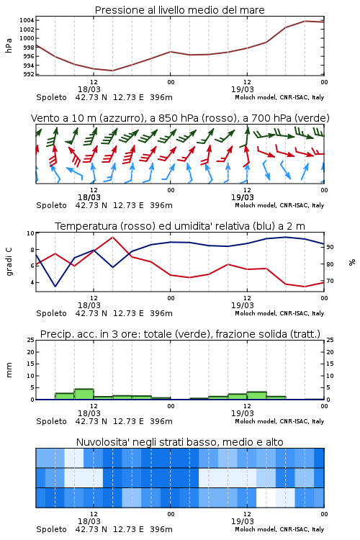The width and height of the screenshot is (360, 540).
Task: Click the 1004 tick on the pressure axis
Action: coord(27,20)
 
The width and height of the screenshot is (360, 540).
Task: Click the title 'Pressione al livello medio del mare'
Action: coord(180,10)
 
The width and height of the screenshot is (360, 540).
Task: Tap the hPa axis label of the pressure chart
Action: coord(9,45)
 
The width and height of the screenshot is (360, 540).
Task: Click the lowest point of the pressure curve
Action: coord(112,71)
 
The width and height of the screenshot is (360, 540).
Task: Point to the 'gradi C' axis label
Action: coord(9,262)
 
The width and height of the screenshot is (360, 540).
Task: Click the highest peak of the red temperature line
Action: coord(112,237)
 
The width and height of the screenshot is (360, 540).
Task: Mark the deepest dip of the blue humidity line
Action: coord(55,286)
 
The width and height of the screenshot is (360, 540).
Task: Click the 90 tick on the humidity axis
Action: coord(330,247)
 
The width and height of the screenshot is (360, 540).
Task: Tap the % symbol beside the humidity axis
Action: coord(352,262)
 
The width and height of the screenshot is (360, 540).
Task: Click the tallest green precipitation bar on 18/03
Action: coord(84,395)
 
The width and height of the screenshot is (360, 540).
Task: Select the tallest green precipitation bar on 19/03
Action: coord(256,396)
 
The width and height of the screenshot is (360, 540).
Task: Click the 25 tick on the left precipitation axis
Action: coord(31,340)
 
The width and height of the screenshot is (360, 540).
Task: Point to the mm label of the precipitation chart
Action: coord(9,370)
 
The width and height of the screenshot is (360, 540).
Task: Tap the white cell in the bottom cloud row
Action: coord(266,498)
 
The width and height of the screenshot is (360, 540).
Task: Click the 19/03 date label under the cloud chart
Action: coord(243,521)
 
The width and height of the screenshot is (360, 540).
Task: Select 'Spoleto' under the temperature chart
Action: coord(51,313)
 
